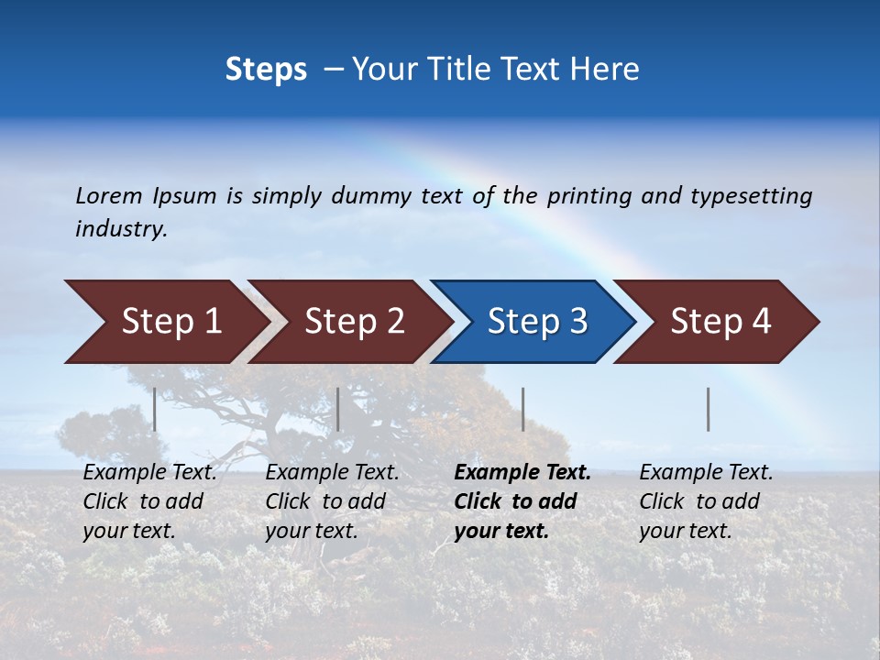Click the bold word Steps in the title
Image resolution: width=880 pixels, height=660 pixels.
tap(266, 70)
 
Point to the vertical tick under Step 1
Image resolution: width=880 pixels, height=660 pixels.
tap(154, 409)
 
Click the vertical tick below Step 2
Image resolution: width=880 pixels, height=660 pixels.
tap(338, 409)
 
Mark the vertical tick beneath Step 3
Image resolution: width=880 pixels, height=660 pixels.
tap(522, 409)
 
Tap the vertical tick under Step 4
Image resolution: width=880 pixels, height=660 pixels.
tap(708, 409)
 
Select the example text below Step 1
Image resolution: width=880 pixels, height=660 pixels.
tap(149, 500)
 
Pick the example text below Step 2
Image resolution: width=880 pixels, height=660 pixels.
tap(332, 500)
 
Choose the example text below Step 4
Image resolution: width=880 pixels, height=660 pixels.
tap(706, 500)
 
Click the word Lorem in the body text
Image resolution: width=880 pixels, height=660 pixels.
tap(109, 196)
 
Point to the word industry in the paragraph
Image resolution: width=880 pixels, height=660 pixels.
tap(120, 229)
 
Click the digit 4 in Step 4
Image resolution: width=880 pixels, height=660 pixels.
tap(761, 322)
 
